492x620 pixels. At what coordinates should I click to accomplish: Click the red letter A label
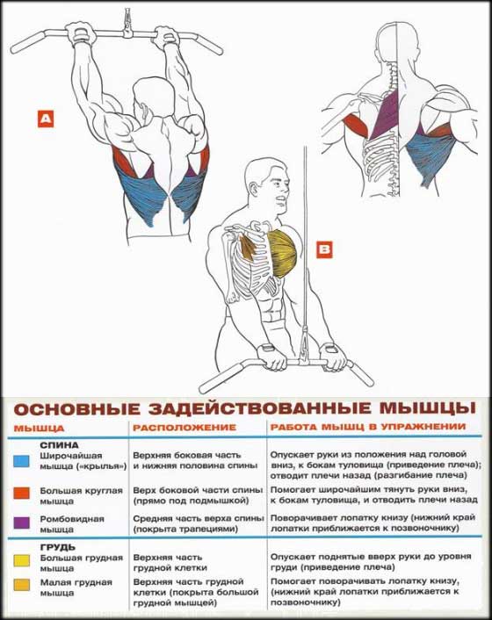pyautogui.click(x=46, y=119)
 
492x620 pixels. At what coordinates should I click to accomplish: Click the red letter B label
pyautogui.click(x=324, y=249)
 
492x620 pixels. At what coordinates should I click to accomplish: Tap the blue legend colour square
pyautogui.click(x=21, y=461)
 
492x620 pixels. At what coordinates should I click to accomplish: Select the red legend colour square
pyautogui.click(x=21, y=493)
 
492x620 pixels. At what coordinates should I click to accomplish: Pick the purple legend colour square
pyautogui.click(x=21, y=523)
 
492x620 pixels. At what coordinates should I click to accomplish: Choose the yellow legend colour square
pyautogui.click(x=21, y=560)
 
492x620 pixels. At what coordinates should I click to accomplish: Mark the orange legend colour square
pyautogui.click(x=21, y=585)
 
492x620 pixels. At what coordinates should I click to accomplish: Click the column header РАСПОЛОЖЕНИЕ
pyautogui.click(x=184, y=428)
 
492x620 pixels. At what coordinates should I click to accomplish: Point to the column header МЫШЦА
pyautogui.click(x=39, y=429)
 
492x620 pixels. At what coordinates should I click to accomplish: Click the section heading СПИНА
pyautogui.click(x=60, y=445)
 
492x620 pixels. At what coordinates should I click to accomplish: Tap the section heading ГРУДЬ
pyautogui.click(x=58, y=547)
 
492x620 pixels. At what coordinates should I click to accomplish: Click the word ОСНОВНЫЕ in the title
pyautogui.click(x=77, y=409)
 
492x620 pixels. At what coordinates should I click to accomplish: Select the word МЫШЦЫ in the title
pyautogui.click(x=428, y=407)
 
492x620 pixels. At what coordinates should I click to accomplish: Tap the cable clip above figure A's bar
pyautogui.click(x=127, y=24)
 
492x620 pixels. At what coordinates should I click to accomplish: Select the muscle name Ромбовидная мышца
pyautogui.click(x=72, y=523)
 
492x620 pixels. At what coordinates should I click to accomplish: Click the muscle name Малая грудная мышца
pyautogui.click(x=76, y=588)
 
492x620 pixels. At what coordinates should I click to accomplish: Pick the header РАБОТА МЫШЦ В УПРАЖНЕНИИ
pyautogui.click(x=368, y=427)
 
